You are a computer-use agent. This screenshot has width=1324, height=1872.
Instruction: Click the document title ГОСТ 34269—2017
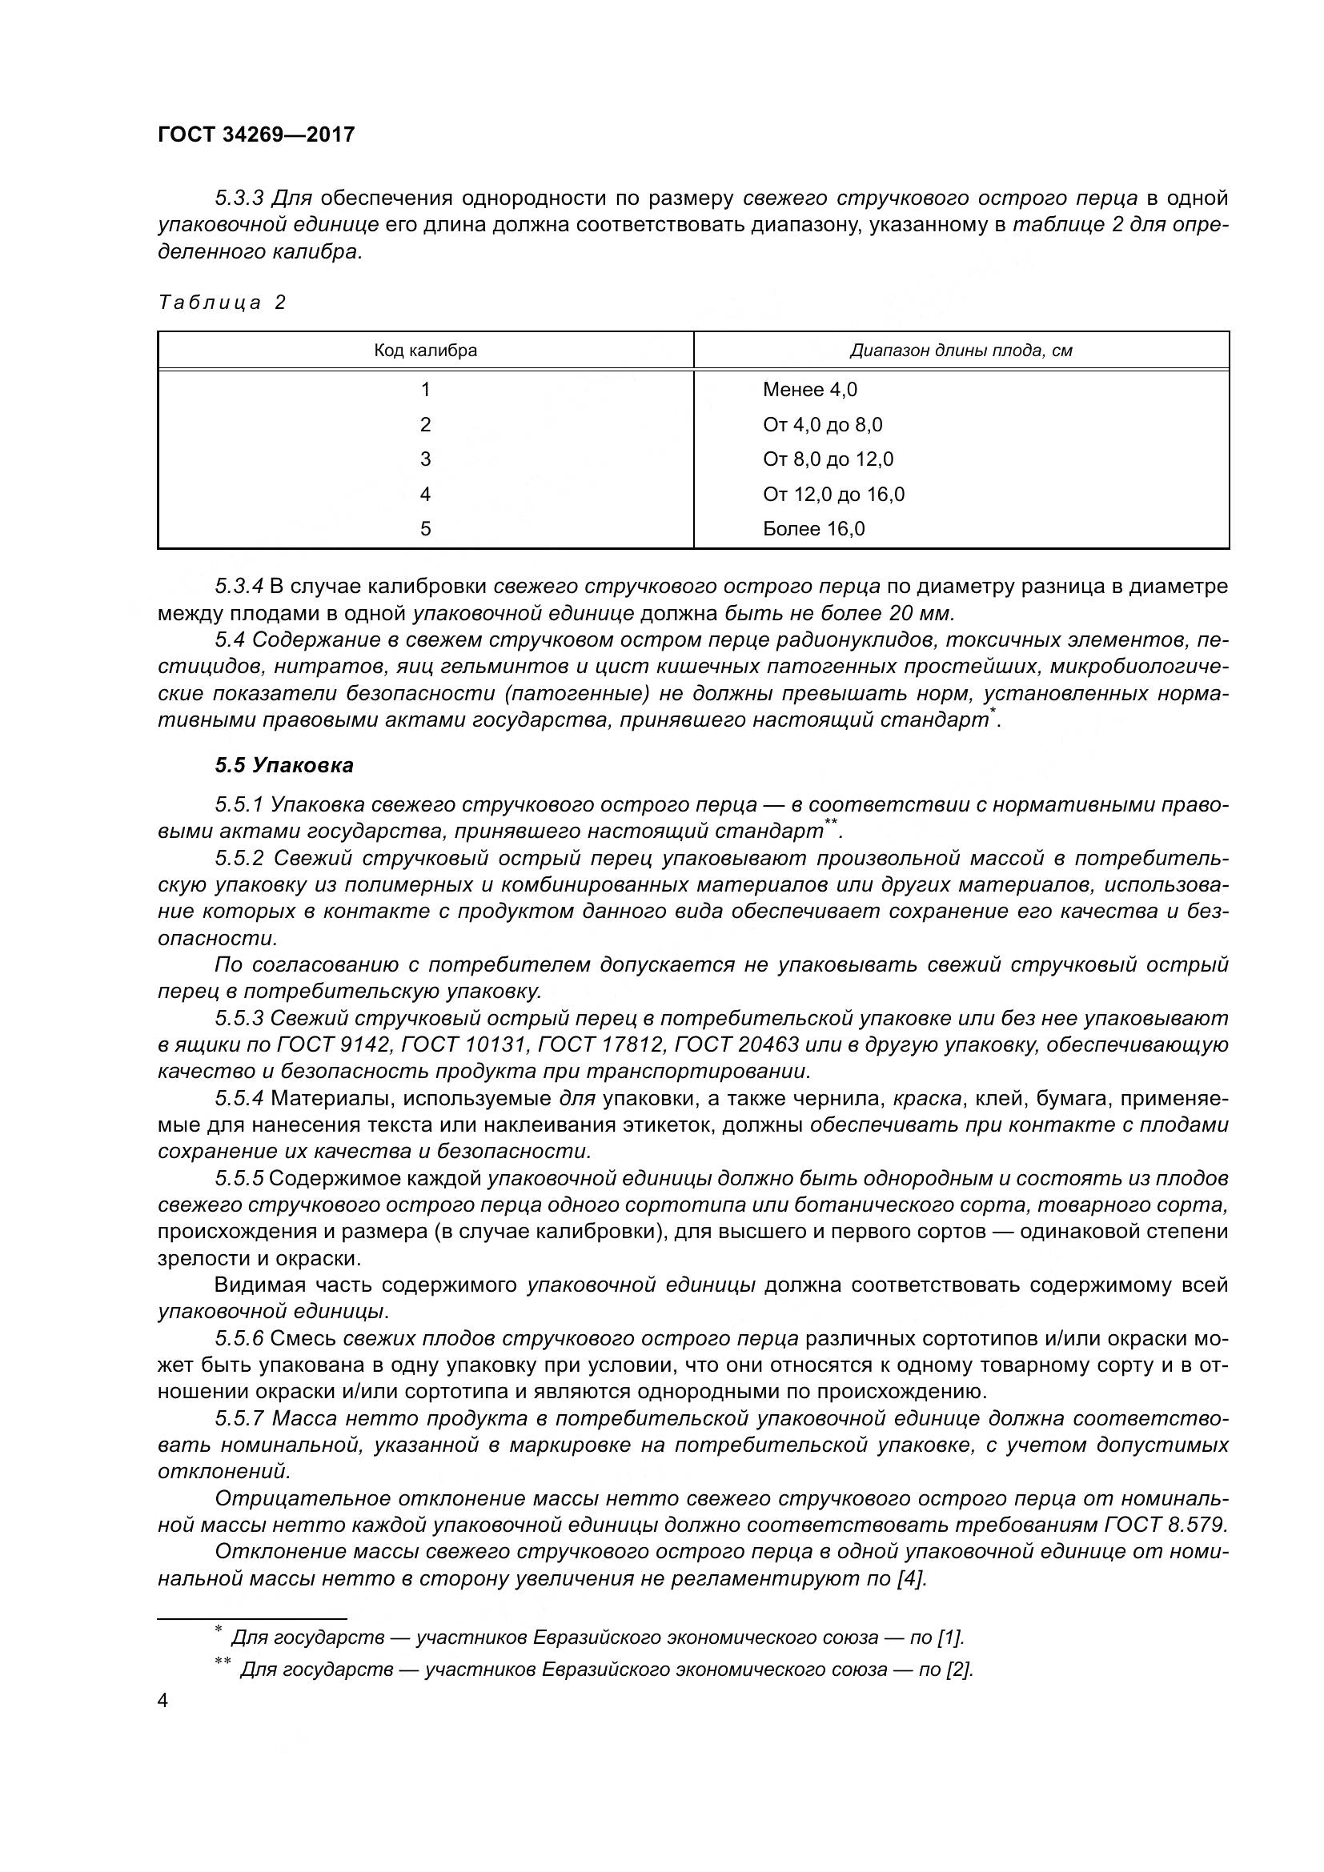256,134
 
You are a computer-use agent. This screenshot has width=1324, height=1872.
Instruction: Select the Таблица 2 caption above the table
222,303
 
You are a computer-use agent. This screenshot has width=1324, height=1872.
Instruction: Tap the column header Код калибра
425,351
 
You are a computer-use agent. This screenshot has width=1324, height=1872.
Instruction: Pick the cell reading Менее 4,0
809,390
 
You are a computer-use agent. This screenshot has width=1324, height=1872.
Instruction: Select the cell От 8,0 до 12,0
828,459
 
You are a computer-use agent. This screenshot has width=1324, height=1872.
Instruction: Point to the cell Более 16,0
812,529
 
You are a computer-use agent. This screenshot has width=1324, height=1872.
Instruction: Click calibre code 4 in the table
425,494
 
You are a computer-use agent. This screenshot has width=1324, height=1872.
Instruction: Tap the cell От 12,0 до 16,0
833,494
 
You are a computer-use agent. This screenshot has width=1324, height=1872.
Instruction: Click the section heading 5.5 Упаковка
283,765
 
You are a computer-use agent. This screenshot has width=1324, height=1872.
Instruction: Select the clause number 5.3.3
239,198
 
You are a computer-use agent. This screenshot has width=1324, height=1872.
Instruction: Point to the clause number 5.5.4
239,1098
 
